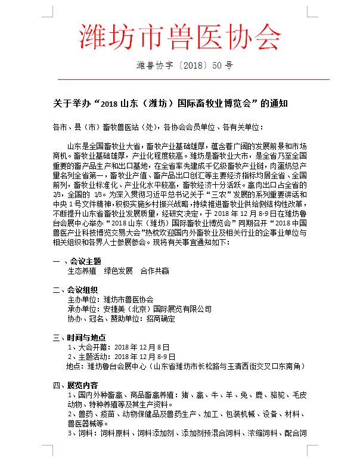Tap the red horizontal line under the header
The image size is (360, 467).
pyautogui.click(x=179, y=79)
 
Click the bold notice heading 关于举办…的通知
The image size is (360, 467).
pyautogui.click(x=171, y=103)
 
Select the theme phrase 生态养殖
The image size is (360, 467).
pyautogui.click(x=82, y=271)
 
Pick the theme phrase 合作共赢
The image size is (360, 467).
pyautogui.click(x=154, y=271)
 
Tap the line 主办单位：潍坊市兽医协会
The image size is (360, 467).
pyautogui.click(x=110, y=299)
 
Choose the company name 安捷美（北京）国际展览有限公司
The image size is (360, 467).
pyautogui.click(x=157, y=309)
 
